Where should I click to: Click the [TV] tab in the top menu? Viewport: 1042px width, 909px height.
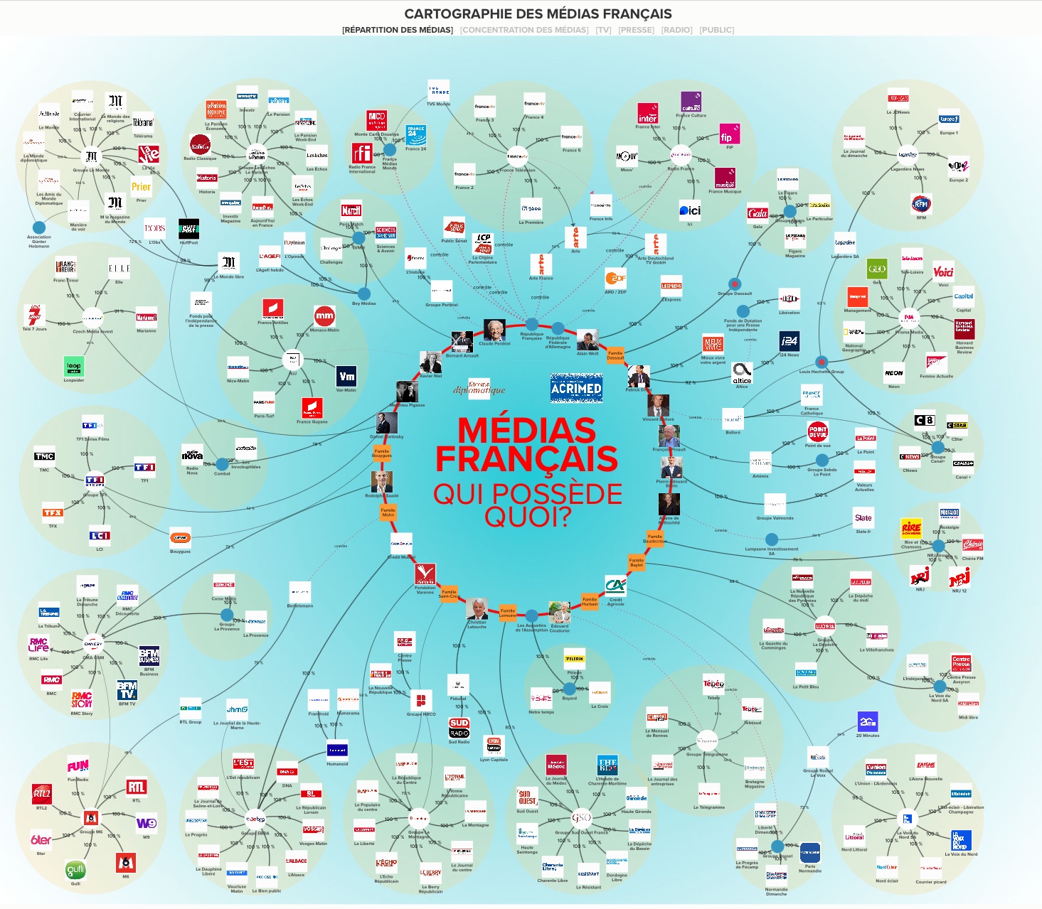pyautogui.click(x=603, y=30)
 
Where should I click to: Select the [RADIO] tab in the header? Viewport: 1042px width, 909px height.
pyautogui.click(x=676, y=30)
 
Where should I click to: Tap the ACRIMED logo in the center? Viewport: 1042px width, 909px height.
pyautogui.click(x=576, y=388)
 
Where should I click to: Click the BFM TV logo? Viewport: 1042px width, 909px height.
pyautogui.click(x=127, y=690)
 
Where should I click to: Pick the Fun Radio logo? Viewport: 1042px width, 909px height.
pyautogui.click(x=78, y=766)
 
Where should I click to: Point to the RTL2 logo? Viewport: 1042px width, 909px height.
pyautogui.click(x=42, y=794)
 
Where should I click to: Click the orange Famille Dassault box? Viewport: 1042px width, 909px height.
pyautogui.click(x=615, y=355)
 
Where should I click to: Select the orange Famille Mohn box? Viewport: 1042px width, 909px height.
pyautogui.click(x=388, y=512)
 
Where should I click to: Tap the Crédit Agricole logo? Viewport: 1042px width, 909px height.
pyautogui.click(x=615, y=586)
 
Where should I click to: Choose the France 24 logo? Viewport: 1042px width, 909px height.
pyautogui.click(x=416, y=135)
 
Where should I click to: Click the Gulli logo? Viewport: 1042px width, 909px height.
pyautogui.click(x=75, y=870)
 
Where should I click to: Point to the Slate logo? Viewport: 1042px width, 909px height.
pyautogui.click(x=863, y=518)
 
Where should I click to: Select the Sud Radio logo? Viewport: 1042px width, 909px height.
pyautogui.click(x=459, y=728)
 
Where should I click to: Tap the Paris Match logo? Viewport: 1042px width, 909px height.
pyautogui.click(x=351, y=211)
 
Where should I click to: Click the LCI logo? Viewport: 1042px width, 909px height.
pyautogui.click(x=100, y=536)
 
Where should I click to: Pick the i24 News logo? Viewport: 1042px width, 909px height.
pyautogui.click(x=789, y=341)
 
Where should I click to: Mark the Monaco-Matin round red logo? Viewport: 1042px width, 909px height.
pyautogui.click(x=324, y=316)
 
